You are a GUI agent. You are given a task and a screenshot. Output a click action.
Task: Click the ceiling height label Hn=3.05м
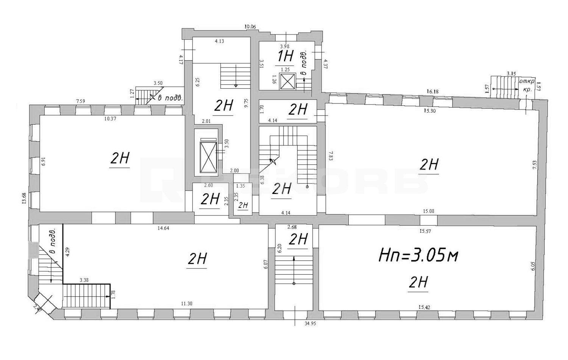[x=418, y=257]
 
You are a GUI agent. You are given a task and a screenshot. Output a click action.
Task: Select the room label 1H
[x=286, y=56]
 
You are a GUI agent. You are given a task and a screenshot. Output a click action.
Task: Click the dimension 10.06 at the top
[x=250, y=27]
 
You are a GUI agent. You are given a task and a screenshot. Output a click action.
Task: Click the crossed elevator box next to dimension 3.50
[x=206, y=157]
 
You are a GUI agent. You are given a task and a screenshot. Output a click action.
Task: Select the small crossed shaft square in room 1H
[x=287, y=82]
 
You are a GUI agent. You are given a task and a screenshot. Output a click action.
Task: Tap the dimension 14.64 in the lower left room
[x=163, y=228]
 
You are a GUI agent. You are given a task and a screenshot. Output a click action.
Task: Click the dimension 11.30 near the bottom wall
[x=186, y=303]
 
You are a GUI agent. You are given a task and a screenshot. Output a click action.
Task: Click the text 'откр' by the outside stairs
[x=527, y=81]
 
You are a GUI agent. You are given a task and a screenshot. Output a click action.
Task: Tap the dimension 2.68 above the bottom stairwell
[x=292, y=227]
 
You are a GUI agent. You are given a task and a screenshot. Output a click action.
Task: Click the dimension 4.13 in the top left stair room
[x=219, y=41]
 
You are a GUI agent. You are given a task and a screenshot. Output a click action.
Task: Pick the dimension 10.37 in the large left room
[x=110, y=119]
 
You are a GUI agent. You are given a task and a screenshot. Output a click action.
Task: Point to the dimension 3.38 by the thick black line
[x=84, y=280]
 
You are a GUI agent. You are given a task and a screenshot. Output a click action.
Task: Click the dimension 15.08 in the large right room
[x=428, y=211]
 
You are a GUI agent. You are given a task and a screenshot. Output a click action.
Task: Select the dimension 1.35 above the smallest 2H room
[x=240, y=186]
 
